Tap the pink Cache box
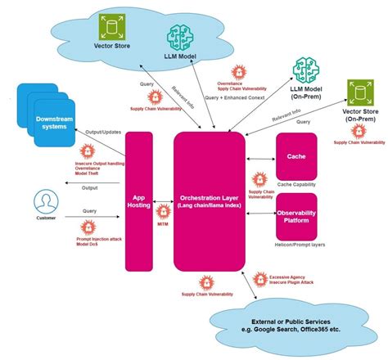pos(296,156)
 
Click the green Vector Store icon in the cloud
pos(110,29)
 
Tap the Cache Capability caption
pos(296,185)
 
